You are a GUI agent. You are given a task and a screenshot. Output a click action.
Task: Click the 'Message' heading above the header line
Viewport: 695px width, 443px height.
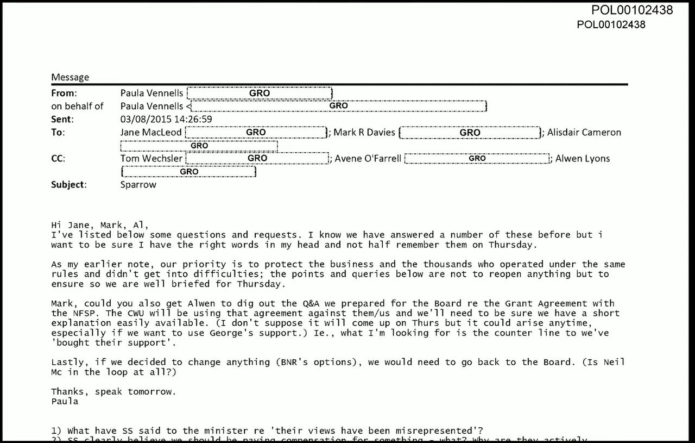[70, 77]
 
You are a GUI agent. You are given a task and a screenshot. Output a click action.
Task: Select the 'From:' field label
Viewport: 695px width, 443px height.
[64, 93]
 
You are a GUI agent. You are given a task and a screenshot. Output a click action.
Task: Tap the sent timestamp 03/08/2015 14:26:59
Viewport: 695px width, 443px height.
[166, 119]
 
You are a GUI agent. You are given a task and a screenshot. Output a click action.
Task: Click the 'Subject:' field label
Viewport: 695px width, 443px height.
[68, 184]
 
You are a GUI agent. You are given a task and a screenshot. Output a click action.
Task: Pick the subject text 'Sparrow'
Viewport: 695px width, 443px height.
[138, 184]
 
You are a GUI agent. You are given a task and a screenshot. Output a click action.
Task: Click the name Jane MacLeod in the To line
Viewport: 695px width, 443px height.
[151, 132]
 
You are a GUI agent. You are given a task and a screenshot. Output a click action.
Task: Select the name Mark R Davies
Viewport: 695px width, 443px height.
[364, 132]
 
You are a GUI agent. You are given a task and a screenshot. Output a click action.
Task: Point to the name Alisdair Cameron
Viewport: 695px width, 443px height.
[584, 132]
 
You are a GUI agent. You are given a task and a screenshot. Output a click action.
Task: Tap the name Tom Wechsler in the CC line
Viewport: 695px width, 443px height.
[152, 158]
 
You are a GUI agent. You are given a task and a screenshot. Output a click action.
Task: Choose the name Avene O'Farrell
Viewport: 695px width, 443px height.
[368, 158]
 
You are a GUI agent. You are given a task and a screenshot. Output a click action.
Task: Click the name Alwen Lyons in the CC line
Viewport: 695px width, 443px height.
[583, 158]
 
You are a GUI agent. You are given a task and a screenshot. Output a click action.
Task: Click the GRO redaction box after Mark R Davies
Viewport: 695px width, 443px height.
[470, 132]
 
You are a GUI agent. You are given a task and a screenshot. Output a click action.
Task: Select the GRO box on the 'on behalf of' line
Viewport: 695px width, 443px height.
[338, 106]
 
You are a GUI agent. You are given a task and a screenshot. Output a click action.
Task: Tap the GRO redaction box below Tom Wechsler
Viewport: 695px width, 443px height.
[189, 172]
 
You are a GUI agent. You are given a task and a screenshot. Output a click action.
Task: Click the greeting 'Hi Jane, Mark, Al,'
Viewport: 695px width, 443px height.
[99, 226]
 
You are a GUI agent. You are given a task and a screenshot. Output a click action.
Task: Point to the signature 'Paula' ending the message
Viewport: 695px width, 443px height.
[65, 401]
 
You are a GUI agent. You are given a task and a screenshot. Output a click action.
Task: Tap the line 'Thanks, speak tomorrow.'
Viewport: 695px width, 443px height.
[113, 392]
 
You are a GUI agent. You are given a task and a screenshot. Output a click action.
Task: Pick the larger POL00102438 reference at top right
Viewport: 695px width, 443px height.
[632, 10]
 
